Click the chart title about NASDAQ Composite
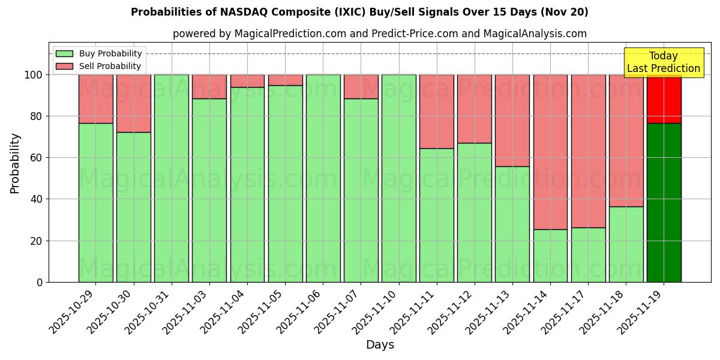coord(359,12)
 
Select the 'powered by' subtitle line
coord(379,34)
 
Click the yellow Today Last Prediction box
coord(664,62)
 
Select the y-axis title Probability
coord(15,163)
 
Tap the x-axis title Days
coord(380,345)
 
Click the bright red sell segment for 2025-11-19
coord(664,98)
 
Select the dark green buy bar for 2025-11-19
coord(664,202)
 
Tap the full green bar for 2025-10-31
coord(172,178)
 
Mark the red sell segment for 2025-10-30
coord(134,103)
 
